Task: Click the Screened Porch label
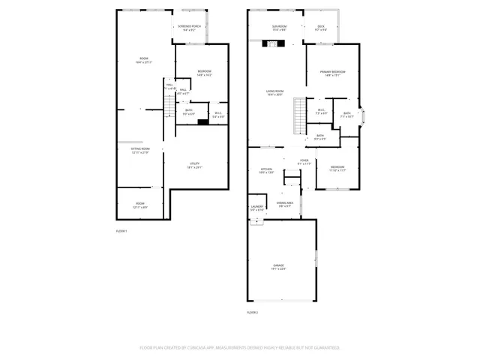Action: [x=187, y=26]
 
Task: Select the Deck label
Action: [x=321, y=26]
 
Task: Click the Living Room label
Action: [x=274, y=91]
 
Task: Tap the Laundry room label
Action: [x=256, y=206]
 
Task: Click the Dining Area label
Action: [x=284, y=202]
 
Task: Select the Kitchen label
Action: [x=266, y=169]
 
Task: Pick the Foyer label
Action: [x=304, y=160]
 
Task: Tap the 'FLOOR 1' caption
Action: [x=121, y=231]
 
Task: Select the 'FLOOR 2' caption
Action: [x=252, y=311]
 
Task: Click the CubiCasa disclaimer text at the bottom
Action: [x=239, y=348]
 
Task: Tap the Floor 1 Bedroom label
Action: [x=193, y=71]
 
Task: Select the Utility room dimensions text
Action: [x=194, y=167]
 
